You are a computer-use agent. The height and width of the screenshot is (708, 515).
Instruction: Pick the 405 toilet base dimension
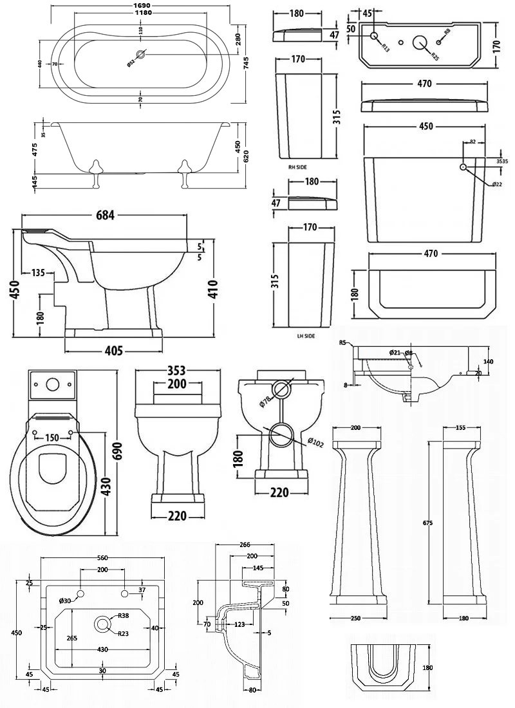tap(113, 351)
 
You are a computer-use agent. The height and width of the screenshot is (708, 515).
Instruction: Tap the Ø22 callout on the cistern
tap(496, 185)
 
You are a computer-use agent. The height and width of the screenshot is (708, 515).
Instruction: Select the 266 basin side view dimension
tap(244, 545)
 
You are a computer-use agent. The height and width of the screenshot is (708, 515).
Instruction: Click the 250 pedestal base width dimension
tap(356, 619)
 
